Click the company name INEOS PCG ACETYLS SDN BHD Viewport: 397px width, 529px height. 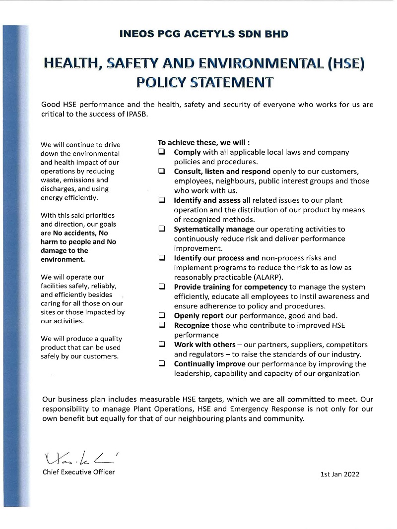(x=204, y=34)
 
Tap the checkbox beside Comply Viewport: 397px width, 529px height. (x=162, y=152)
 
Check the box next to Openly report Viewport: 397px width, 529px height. (x=162, y=315)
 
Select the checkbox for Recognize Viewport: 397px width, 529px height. (x=162, y=325)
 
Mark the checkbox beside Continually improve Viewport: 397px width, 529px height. (x=162, y=363)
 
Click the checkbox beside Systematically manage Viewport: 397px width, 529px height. (x=162, y=229)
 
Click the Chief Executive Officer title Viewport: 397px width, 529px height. (x=78, y=472)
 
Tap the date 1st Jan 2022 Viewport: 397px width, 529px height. (x=340, y=474)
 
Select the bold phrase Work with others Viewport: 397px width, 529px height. (x=204, y=345)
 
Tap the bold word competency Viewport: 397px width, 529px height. (x=265, y=287)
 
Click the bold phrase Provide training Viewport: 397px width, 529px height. (x=201, y=287)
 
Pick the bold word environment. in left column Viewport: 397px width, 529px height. (x=63, y=259)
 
